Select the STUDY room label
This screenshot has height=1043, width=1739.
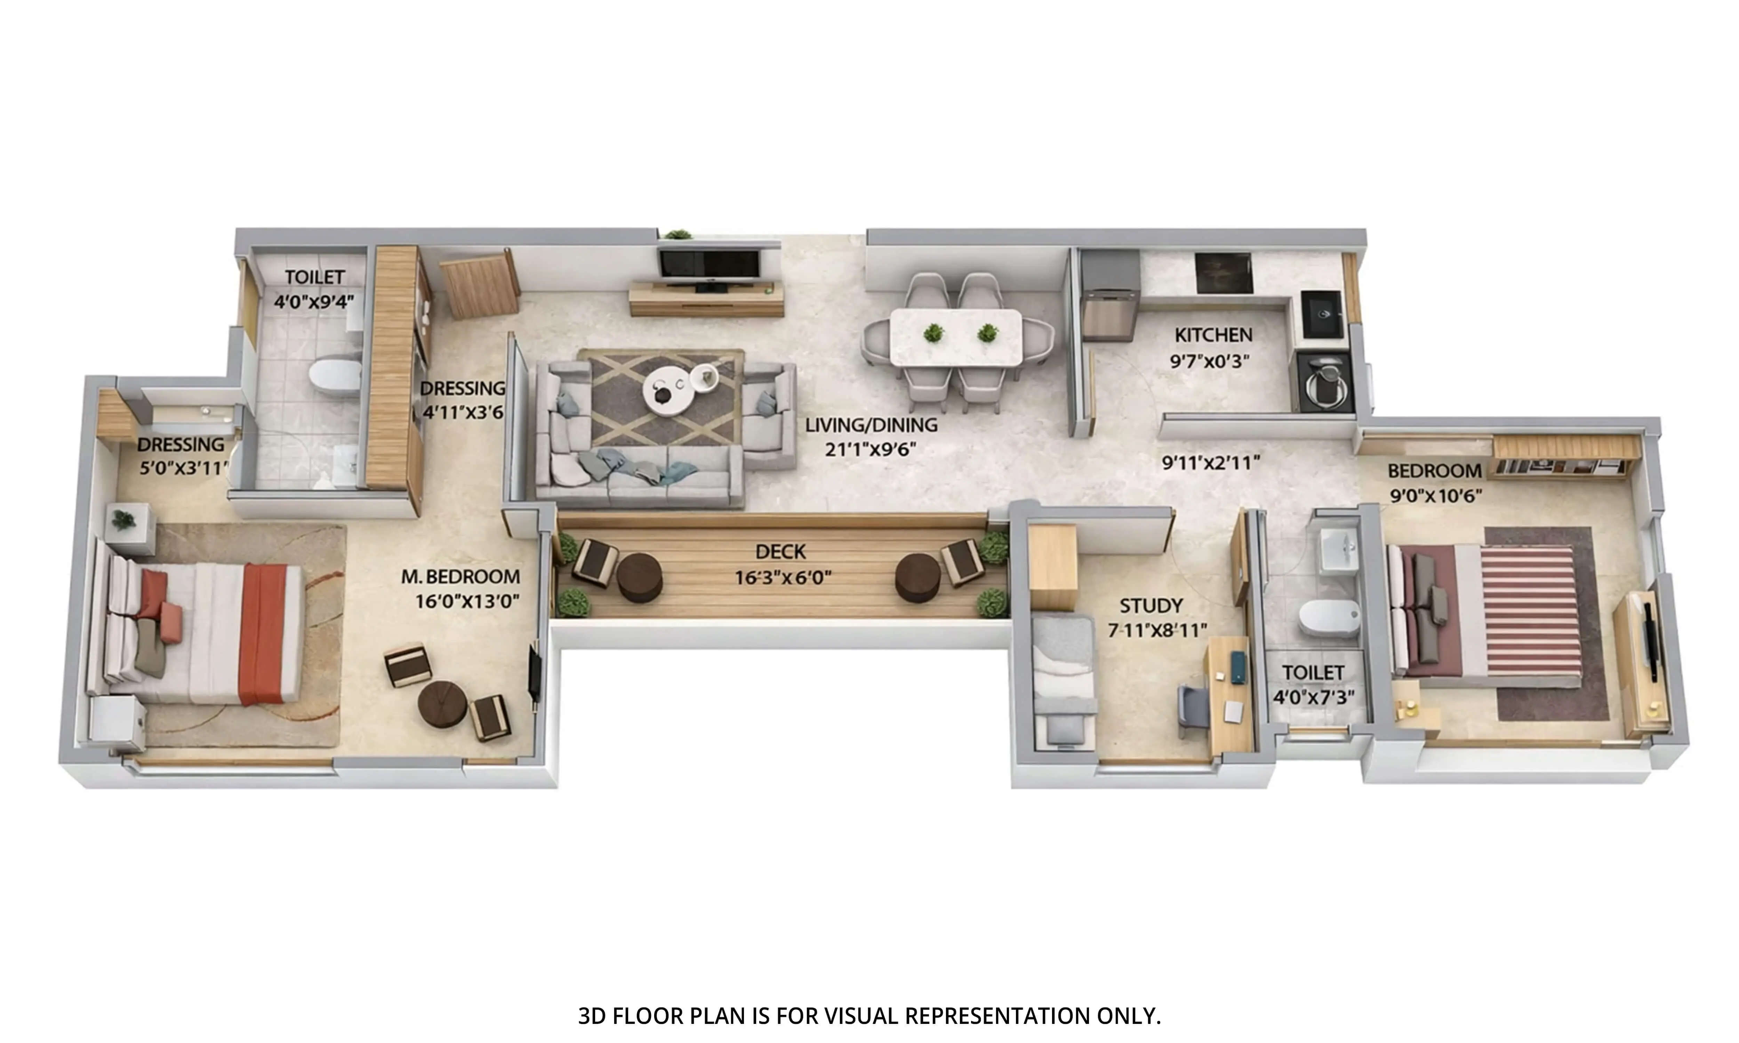point(1151,605)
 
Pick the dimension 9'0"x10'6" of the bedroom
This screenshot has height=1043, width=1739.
point(1435,495)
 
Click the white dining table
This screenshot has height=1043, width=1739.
point(956,337)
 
